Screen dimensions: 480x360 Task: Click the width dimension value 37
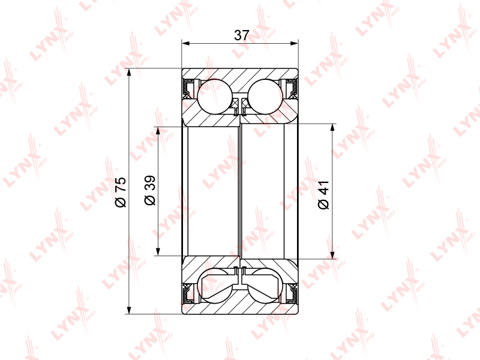coord(242,35)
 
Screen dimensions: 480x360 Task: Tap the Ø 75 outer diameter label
coord(121,192)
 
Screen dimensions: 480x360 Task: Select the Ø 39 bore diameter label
coord(150,190)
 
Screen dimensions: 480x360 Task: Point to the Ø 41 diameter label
coord(323,195)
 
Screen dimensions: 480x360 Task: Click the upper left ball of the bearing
coord(215,97)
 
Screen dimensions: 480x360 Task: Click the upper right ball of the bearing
coord(265,97)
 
